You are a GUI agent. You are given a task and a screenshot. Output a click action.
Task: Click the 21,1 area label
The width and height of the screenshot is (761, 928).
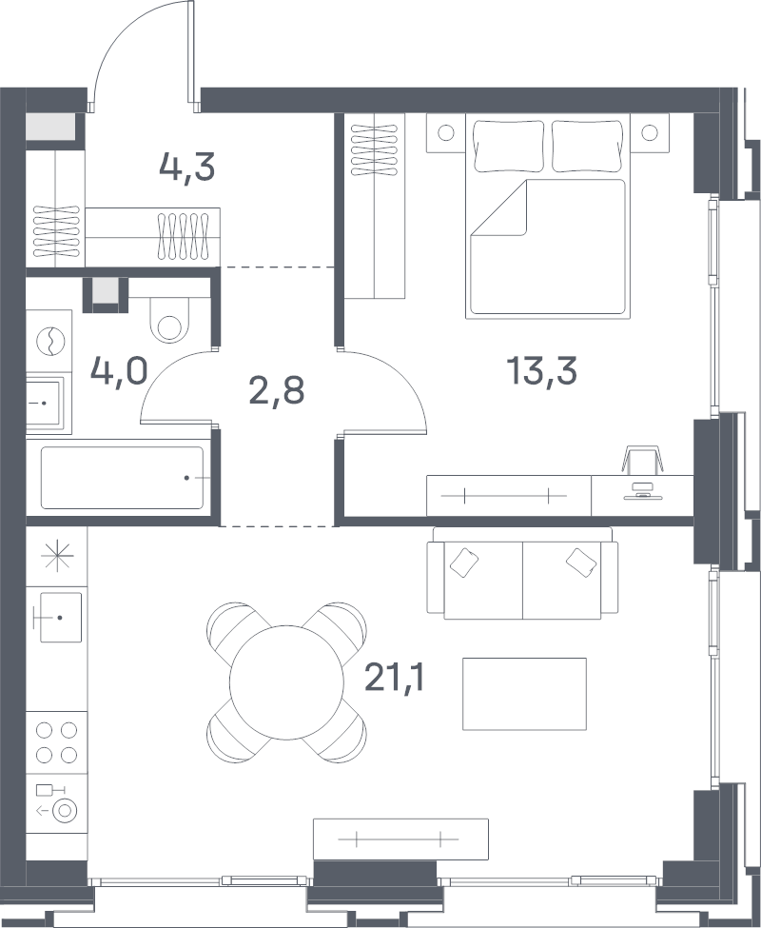(395, 677)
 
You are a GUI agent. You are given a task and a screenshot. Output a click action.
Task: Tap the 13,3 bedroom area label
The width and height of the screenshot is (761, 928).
(541, 371)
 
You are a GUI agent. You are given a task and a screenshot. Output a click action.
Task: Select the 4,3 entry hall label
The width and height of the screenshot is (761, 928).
(186, 167)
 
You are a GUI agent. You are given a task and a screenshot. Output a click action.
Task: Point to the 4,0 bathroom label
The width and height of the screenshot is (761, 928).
(119, 371)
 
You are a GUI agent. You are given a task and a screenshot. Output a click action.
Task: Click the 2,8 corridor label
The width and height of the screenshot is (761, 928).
(277, 390)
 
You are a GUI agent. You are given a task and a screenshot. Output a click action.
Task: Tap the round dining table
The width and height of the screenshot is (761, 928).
(286, 682)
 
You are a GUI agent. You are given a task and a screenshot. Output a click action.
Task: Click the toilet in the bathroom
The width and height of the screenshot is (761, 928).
(169, 320)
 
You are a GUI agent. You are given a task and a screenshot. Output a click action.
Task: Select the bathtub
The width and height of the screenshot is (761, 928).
(122, 478)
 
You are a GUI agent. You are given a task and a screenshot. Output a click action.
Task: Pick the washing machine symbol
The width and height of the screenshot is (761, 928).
(49, 341)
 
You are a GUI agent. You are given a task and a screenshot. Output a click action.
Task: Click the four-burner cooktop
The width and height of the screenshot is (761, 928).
(57, 742)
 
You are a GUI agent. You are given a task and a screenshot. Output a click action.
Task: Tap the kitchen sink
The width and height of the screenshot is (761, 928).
(60, 618)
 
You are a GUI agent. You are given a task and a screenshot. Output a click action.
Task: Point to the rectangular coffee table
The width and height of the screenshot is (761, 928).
(524, 694)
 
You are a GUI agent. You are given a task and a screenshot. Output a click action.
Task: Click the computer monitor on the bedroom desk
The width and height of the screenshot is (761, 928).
(642, 492)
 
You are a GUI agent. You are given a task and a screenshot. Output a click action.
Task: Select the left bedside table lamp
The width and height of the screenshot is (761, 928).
(446, 132)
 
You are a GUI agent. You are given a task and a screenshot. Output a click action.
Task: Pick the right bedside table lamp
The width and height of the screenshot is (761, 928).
(650, 132)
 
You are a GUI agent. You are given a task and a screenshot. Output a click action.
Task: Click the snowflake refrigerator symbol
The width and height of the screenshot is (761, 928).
(57, 557)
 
